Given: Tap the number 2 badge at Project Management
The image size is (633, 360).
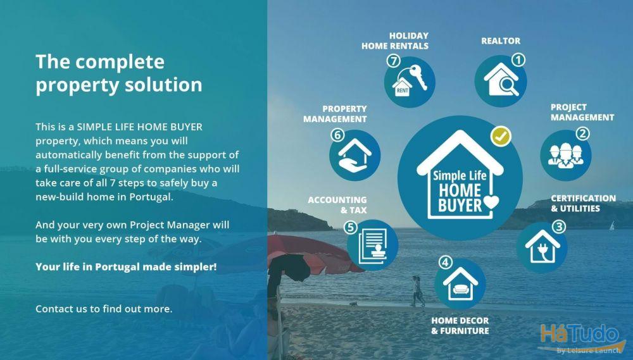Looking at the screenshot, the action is tap(582, 133).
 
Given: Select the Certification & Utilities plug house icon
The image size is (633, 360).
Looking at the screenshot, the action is tap(542, 247).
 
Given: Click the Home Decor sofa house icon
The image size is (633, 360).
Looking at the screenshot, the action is tap(460, 283).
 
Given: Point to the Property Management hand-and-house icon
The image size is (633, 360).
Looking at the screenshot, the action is tap(354, 156).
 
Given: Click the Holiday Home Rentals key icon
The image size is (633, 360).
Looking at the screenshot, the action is tap(410, 81).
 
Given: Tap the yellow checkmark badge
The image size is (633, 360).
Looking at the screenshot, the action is tap(501, 137).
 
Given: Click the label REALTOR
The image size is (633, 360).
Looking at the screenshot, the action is tap(501, 40).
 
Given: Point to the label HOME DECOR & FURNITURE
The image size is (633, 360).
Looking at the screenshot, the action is tap(460, 326).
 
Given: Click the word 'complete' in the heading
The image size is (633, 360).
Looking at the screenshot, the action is tap(120, 62).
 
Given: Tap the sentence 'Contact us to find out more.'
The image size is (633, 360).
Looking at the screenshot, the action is tap(104, 309).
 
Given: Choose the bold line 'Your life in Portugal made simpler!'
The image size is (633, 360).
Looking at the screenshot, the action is tap(126, 267).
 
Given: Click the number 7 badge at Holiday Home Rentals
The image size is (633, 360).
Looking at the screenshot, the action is tap(393, 61).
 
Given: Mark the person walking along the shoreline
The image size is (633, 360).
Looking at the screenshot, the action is tap(417, 291).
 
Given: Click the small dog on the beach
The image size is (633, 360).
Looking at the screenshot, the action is tap(354, 304).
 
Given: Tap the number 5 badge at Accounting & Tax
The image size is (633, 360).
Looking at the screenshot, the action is tap(351, 228).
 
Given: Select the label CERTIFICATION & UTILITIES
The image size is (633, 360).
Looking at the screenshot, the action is tap(584, 203).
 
